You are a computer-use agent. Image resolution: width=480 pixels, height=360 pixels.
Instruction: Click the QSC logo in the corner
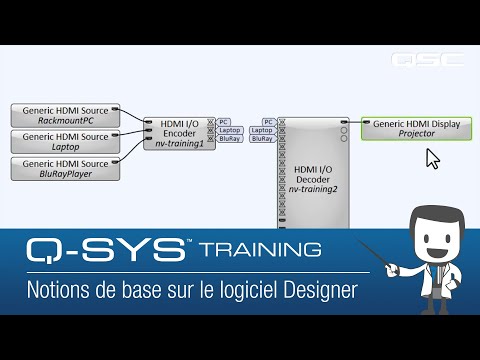coord(427,59)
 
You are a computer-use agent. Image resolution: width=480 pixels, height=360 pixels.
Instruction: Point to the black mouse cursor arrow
coord(432,158)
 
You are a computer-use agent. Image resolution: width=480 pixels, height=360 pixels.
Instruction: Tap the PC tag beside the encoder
coord(225,121)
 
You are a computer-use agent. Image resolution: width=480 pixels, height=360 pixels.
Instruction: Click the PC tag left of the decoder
coord(268,121)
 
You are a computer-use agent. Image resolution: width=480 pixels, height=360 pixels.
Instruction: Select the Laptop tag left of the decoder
coord(262,130)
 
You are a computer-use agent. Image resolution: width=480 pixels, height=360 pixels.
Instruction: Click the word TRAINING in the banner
coord(261,249)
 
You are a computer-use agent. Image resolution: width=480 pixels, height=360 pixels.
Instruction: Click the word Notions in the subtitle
coord(54,291)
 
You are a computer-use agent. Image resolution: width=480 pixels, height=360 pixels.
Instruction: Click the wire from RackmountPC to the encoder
coord(132,118)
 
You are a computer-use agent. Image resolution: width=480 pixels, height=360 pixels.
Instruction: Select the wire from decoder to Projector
coord(354,124)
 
